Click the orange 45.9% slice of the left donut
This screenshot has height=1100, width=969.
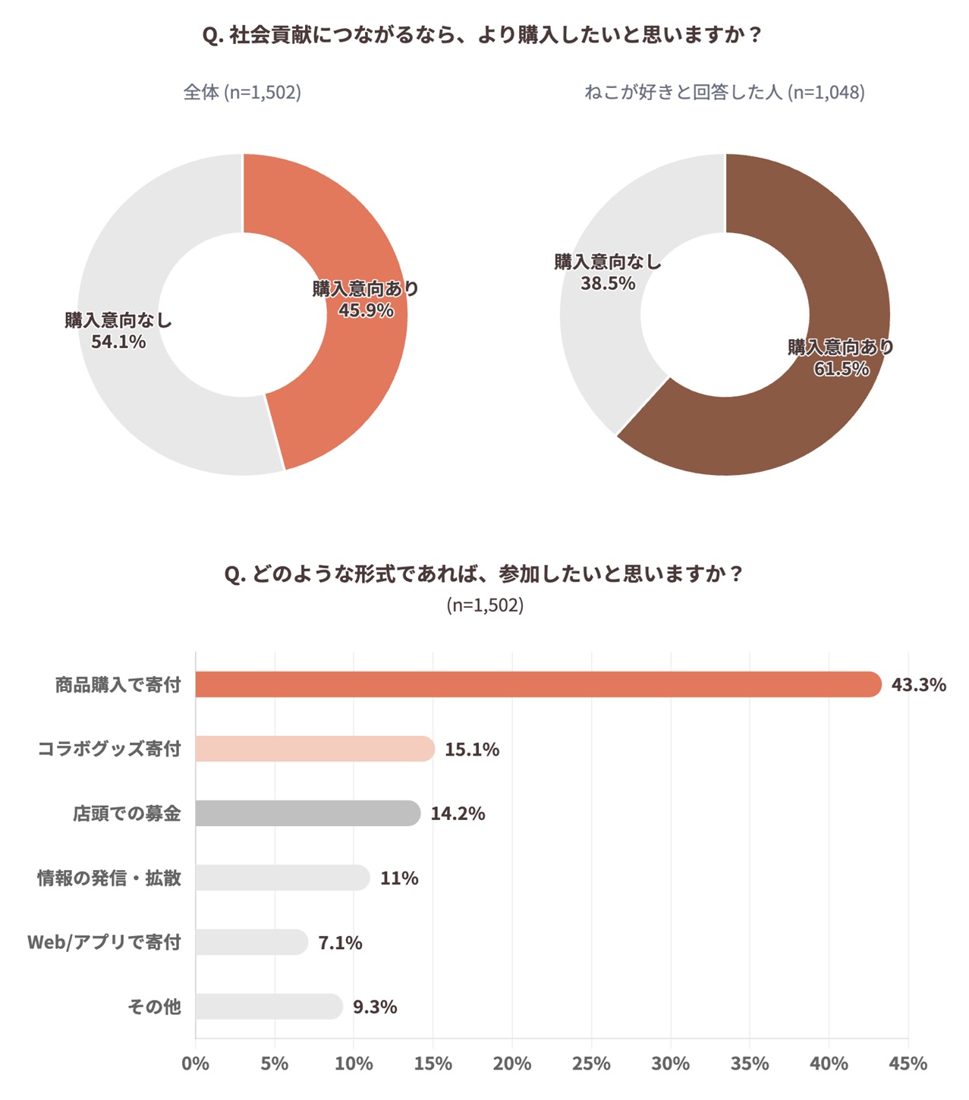357,243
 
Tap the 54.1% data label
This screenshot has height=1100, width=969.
118,342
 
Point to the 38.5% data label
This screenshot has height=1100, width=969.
608,284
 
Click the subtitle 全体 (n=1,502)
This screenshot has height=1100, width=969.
242,93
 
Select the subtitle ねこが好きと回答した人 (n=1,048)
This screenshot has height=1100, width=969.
724,93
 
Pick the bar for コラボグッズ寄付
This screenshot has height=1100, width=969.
314,749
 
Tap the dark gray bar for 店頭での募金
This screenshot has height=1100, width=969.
307,813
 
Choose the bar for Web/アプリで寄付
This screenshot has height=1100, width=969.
251,942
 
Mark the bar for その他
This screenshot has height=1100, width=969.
269,1007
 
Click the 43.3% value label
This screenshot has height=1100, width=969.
918,685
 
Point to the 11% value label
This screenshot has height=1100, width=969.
399,878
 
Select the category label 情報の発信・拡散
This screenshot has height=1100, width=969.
109,878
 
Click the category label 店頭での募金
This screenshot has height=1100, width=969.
127,814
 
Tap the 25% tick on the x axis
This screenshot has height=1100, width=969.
591,1064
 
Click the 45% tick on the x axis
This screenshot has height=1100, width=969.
908,1064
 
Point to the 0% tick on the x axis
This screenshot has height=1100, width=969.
195,1064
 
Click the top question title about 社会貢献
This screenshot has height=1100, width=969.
483,36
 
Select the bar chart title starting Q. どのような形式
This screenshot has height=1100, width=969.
483,574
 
